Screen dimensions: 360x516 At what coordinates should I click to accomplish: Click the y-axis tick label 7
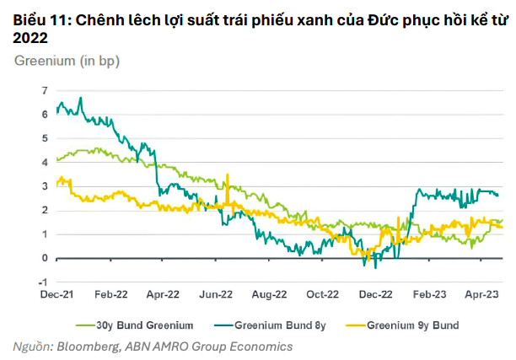45,89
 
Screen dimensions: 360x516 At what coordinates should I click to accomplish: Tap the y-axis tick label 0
45,258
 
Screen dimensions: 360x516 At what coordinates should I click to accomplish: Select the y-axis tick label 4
45,162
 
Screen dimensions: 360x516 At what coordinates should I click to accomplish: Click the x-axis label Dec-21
56,296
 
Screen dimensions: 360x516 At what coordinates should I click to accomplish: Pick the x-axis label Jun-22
215,296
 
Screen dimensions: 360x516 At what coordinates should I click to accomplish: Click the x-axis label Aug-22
268,296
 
